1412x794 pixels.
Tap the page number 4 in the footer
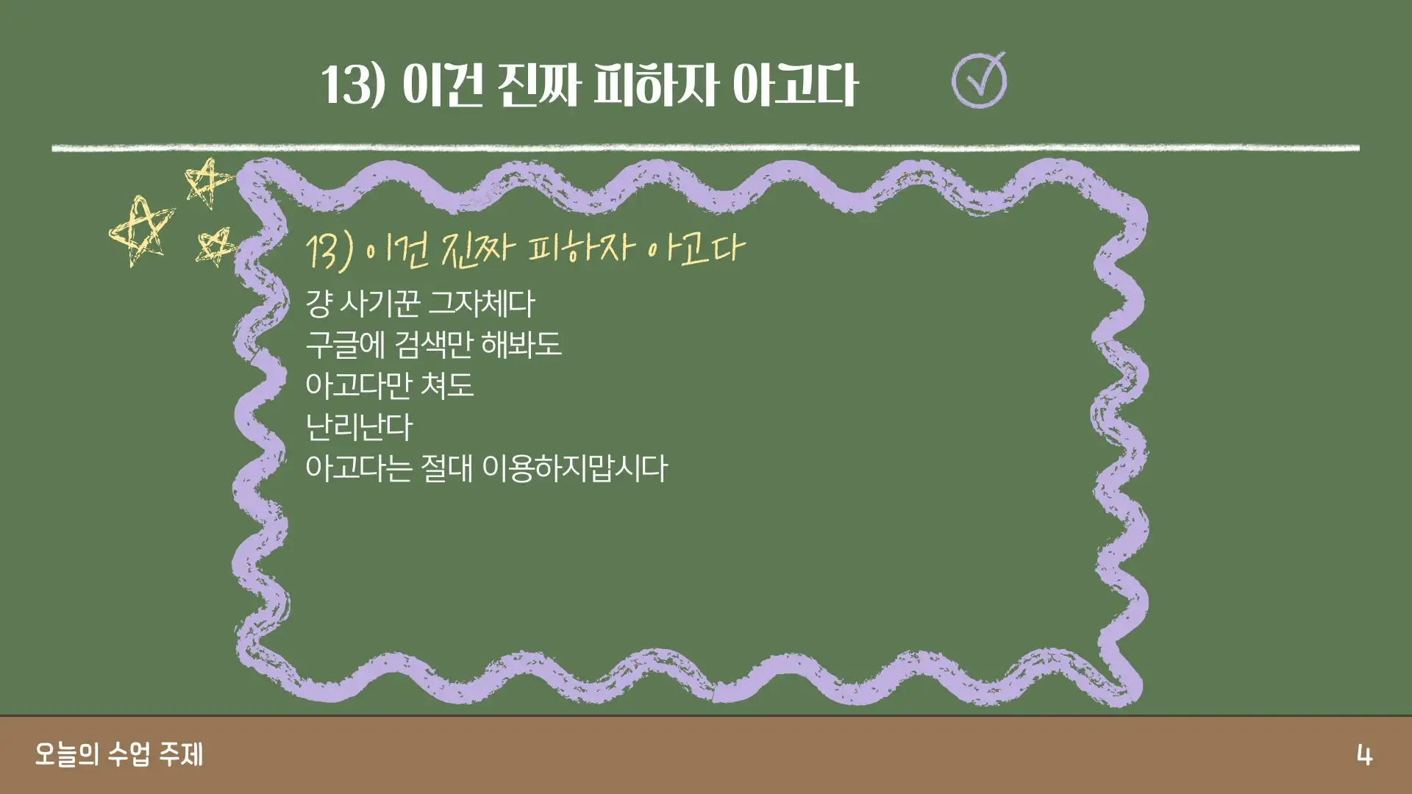tap(1364, 755)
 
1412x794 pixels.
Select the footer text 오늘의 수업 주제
tap(119, 754)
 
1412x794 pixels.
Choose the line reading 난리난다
tap(359, 427)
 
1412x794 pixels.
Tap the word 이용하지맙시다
tap(574, 468)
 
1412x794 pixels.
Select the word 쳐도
tap(448, 385)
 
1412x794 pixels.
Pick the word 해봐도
tap(521, 344)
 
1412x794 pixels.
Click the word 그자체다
tap(482, 303)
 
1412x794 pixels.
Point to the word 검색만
tap(433, 344)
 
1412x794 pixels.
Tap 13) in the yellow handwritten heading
tap(330, 251)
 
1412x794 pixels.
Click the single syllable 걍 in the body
tap(318, 303)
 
